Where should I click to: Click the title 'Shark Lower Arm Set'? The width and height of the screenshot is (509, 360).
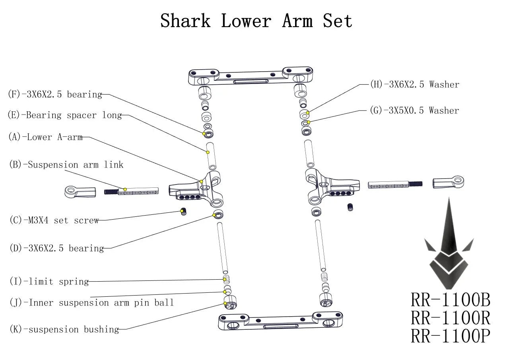[256, 21]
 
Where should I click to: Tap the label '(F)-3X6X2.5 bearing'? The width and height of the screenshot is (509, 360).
[55, 95]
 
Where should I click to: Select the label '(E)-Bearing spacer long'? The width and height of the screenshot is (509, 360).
[64, 115]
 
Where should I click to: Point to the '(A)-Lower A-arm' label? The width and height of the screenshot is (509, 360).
[45, 137]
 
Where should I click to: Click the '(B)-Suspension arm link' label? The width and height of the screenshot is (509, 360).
[66, 165]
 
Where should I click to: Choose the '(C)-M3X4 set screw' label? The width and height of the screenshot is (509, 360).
[54, 220]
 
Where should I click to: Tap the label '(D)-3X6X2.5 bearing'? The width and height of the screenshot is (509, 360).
[56, 249]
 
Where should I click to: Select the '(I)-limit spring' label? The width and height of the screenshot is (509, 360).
[49, 282]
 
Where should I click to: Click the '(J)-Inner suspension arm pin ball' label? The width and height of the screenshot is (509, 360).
[91, 303]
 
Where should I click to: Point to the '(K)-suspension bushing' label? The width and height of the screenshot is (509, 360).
[64, 329]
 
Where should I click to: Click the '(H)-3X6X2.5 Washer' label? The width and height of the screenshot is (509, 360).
[414, 84]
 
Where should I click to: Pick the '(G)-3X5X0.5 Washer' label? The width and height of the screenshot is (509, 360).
[414, 111]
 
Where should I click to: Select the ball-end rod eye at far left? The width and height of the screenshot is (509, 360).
[80, 192]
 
